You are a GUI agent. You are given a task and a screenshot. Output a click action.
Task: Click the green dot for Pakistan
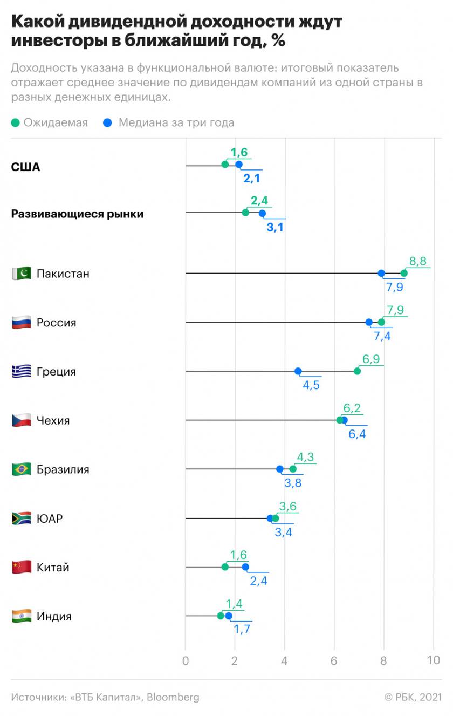click(404, 273)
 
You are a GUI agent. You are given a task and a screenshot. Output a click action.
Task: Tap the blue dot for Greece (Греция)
click(298, 371)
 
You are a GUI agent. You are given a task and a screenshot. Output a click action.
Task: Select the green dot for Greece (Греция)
click(357, 371)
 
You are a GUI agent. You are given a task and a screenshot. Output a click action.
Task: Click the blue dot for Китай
click(245, 567)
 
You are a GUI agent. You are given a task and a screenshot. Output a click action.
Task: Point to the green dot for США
click(225, 165)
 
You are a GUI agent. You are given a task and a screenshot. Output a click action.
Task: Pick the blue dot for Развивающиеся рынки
click(262, 213)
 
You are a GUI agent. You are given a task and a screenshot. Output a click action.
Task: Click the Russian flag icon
click(22, 323)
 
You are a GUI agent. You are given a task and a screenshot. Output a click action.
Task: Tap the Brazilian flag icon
click(22, 469)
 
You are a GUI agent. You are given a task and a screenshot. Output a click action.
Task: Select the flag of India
click(22, 616)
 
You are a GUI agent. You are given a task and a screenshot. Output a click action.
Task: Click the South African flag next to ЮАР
click(22, 519)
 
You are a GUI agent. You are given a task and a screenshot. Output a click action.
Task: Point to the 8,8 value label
click(418, 262)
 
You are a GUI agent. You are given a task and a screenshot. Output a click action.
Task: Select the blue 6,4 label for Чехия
click(358, 434)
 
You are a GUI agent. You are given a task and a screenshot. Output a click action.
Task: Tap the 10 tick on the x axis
click(434, 660)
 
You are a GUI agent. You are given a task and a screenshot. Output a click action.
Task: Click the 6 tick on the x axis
click(334, 660)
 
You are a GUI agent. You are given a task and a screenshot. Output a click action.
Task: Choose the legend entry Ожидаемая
click(50, 122)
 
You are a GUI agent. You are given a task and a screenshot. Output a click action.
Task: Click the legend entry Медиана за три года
click(169, 122)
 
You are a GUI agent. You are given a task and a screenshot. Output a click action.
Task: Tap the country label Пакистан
click(63, 274)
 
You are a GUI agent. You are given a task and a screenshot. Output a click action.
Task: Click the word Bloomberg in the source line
click(173, 697)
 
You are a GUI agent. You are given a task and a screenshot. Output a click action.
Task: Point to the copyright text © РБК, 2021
click(413, 697)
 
